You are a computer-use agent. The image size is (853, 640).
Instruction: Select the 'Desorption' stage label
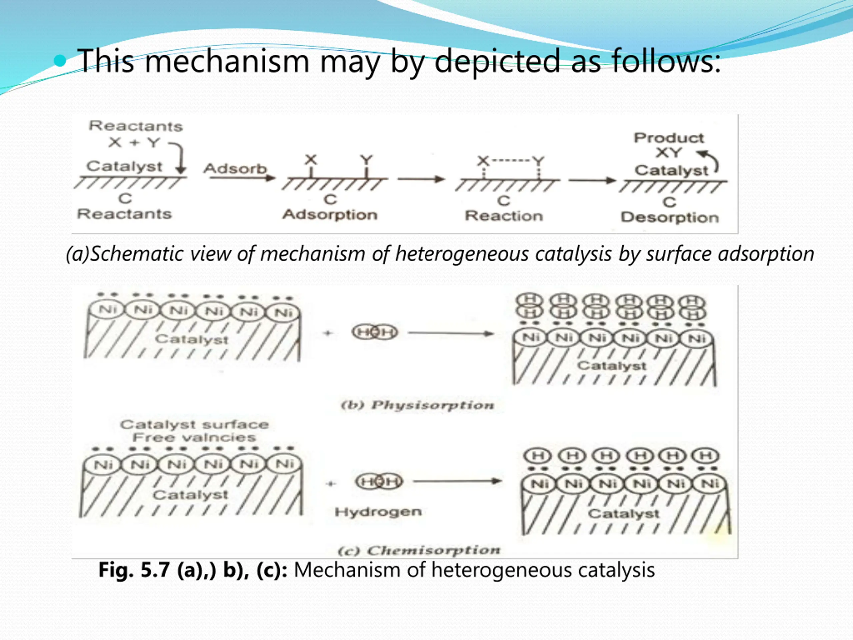670,218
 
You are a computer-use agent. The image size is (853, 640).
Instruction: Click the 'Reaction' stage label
504,216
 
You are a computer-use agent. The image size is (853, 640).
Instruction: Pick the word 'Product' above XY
669,138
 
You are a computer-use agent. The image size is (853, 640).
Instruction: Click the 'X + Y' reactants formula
134,142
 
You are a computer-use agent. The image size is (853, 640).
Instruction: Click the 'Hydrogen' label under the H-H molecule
378,512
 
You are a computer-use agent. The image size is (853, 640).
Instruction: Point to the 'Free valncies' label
194,437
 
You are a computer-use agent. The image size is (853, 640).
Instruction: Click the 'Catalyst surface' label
194,424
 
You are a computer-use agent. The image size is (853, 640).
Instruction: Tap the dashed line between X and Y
510,160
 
